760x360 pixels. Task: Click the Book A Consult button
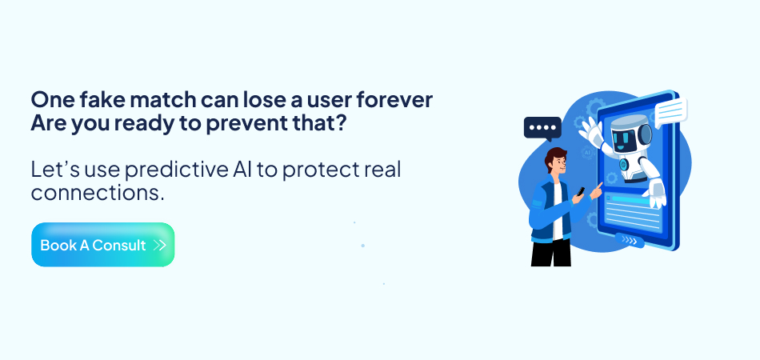click(102, 245)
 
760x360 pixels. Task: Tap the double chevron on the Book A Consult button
click(160, 245)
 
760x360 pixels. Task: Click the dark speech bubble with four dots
click(542, 128)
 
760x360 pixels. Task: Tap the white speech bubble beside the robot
click(670, 110)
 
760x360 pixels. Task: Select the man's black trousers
click(551, 252)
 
